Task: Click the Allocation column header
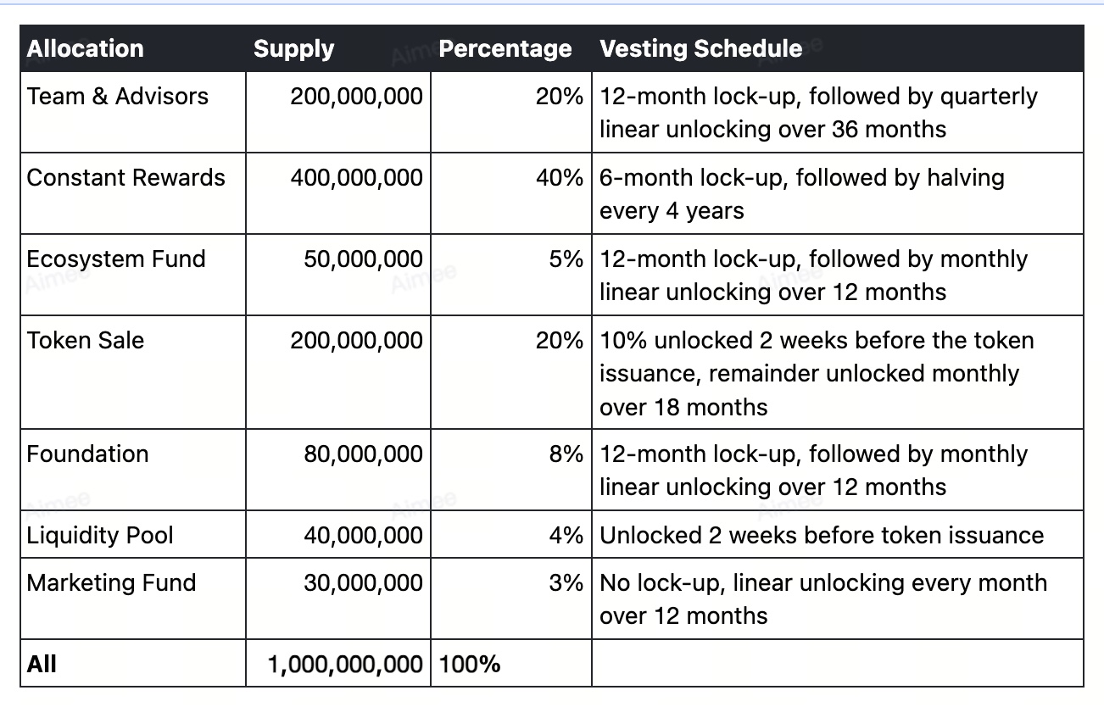tap(85, 49)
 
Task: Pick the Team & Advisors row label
tap(117, 96)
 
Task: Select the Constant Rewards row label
tap(125, 177)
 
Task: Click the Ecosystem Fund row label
tap(116, 259)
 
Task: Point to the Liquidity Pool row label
tap(99, 536)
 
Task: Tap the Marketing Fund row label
tap(111, 583)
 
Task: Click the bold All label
tap(42, 664)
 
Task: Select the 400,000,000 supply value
tap(356, 178)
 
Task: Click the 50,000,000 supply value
tap(363, 259)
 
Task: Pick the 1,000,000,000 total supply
tap(345, 665)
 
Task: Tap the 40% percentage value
tap(560, 177)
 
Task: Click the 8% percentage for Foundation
tap(566, 454)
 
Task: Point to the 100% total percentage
tap(469, 664)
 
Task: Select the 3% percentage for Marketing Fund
tap(566, 583)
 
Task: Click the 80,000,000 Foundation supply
tap(363, 454)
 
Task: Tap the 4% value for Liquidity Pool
tap(566, 536)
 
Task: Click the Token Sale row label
tap(86, 341)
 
